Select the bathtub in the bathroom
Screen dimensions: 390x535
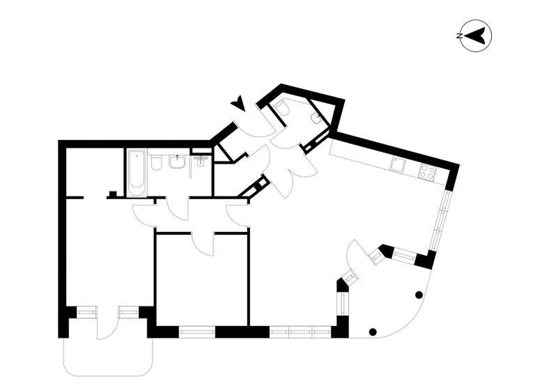pos(137,172)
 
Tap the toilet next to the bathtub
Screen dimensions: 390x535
pos(157,164)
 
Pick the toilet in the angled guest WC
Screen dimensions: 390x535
pos(286,108)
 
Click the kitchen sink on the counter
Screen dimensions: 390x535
pos(398,164)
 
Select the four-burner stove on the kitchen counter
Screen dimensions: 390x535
pos(426,173)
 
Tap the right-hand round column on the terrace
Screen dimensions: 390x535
pos(417,295)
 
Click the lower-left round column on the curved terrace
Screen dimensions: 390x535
pos(373,331)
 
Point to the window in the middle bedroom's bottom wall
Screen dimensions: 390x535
pos(197,331)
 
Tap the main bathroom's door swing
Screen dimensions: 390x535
pos(178,209)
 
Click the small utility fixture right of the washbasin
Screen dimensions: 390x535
pos(201,162)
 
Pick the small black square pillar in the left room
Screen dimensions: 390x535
pos(111,194)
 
